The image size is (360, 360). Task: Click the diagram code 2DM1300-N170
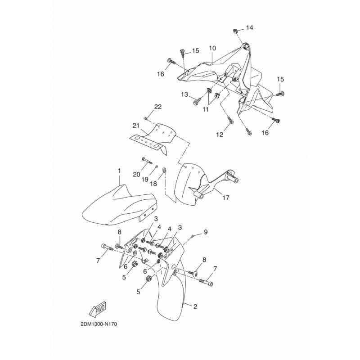99,324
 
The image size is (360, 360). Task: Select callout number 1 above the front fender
119,171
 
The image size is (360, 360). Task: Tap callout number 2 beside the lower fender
195,306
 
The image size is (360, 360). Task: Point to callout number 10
212,48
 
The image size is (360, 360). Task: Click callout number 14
250,28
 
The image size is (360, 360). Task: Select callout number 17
226,197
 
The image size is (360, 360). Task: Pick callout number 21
136,126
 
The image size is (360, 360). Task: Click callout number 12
220,135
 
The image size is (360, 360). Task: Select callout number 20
136,175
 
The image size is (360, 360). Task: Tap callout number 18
153,184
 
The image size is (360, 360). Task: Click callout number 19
145,179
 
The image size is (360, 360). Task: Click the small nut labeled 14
235,30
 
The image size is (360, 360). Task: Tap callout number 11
206,109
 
